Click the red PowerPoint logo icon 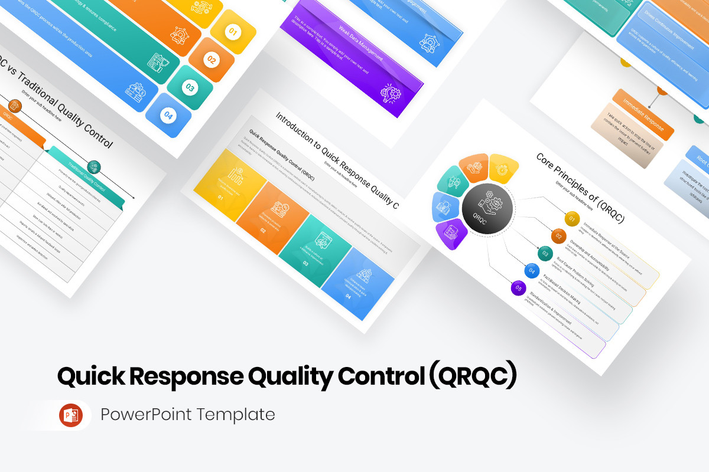tap(71, 415)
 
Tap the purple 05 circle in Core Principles tap(518, 288)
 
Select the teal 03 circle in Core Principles tap(545, 254)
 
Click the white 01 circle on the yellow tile tap(232, 32)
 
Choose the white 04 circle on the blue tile tap(168, 116)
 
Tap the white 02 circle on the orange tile tap(211, 60)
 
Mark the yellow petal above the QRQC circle tap(503, 168)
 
